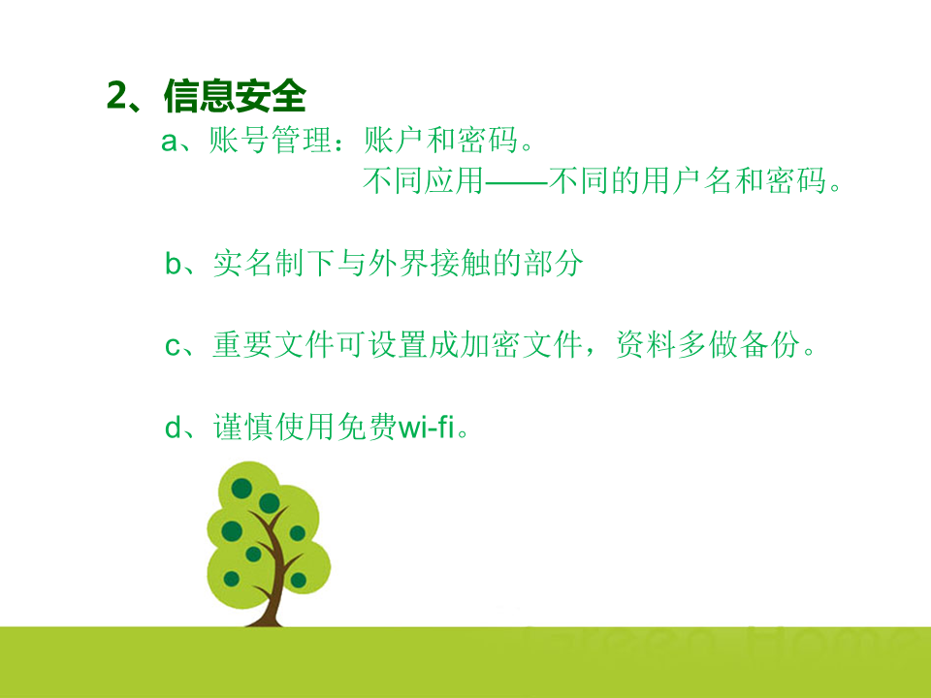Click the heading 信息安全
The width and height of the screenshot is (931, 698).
tap(235, 96)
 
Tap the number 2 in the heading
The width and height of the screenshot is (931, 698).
tap(117, 95)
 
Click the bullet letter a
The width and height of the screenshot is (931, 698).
tap(169, 142)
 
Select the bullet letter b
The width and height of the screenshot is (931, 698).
tap(174, 263)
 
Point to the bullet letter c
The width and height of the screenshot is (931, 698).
tap(173, 346)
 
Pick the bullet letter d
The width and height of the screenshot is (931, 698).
tap(173, 427)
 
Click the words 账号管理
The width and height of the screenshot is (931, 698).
tap(271, 141)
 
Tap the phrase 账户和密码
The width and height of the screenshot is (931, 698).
tap(440, 141)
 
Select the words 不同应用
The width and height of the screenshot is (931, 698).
tap(424, 180)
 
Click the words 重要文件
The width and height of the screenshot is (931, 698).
tap(273, 345)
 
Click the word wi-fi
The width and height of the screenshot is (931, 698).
tap(426, 427)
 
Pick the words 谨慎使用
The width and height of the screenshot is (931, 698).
tap(274, 427)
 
